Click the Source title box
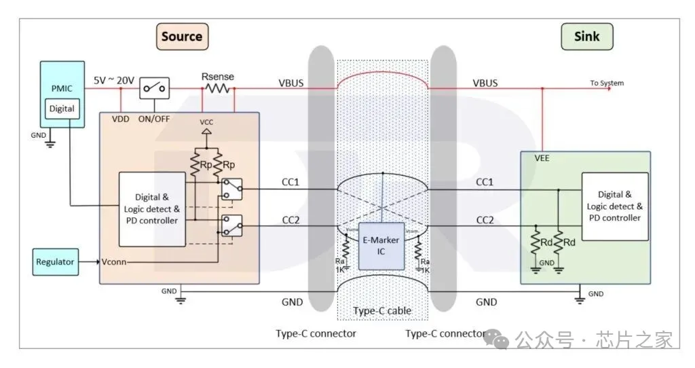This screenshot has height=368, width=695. pyautogui.click(x=181, y=36)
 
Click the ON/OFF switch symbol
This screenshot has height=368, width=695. pyautogui.click(x=154, y=88)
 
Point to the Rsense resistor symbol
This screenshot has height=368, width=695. pyautogui.click(x=218, y=88)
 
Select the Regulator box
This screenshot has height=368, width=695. pyautogui.click(x=56, y=261)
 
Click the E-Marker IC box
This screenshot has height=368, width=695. pyautogui.click(x=382, y=245)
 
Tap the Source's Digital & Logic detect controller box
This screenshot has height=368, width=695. pyautogui.click(x=152, y=209)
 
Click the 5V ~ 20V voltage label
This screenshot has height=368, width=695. pyautogui.click(x=113, y=80)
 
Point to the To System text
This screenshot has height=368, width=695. pyautogui.click(x=606, y=84)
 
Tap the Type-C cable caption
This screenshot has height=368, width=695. pyautogui.click(x=382, y=311)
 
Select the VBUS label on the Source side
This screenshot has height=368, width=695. pyautogui.click(x=291, y=82)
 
